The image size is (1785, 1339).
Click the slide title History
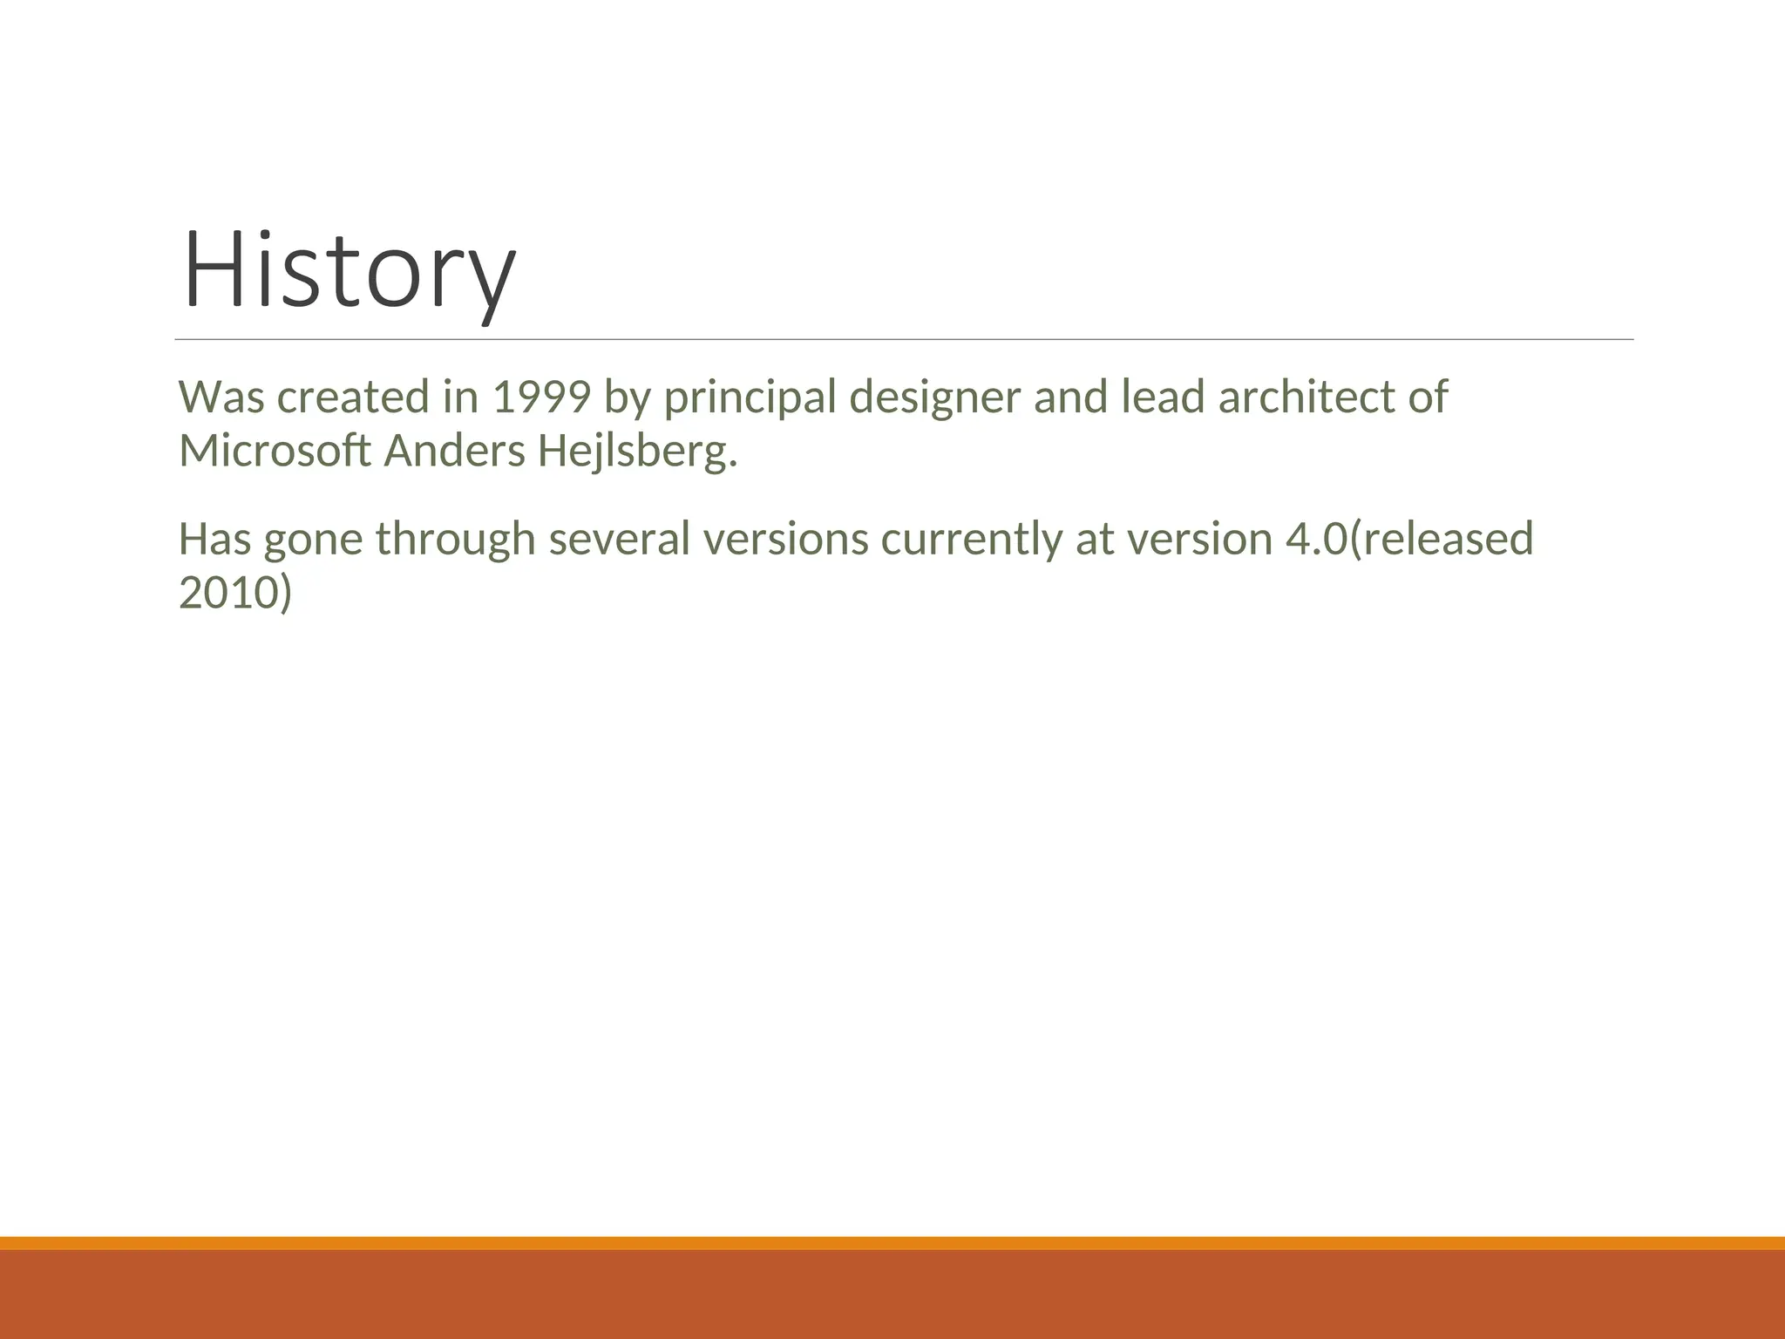pos(349,270)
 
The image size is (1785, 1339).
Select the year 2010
pos(229,593)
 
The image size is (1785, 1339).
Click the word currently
pos(971,539)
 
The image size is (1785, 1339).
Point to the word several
pos(620,539)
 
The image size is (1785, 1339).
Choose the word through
pos(454,539)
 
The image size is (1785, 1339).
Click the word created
pos(354,398)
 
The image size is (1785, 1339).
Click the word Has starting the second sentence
pos(214,539)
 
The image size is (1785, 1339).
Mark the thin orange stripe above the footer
pos(892,1243)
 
